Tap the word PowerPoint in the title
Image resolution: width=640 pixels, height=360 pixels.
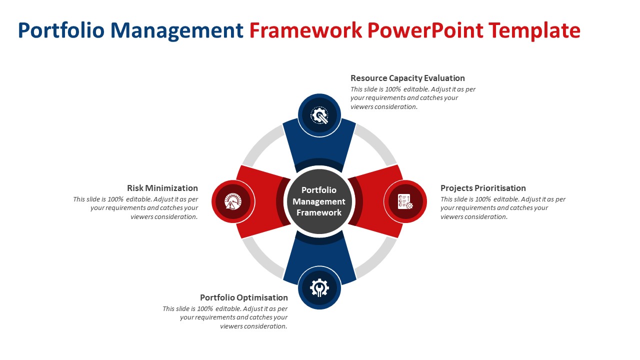coord(425,31)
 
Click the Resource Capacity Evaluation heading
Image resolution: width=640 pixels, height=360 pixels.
coord(407,78)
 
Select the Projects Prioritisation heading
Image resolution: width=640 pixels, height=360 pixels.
coord(483,188)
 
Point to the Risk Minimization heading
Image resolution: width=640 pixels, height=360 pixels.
coord(162,188)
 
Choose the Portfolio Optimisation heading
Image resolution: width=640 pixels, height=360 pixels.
coord(244,297)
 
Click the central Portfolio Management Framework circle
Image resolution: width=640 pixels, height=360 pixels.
coord(319,201)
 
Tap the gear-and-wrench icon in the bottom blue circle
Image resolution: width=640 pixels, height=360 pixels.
coord(319,288)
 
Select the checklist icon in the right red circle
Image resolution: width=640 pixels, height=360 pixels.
coord(405,201)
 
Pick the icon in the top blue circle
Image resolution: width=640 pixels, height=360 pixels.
coord(319,115)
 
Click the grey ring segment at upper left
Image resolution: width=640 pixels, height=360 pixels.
coord(260,143)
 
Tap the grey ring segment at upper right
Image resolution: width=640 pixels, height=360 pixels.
coord(378,143)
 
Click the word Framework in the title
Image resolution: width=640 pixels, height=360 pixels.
coord(305,31)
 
